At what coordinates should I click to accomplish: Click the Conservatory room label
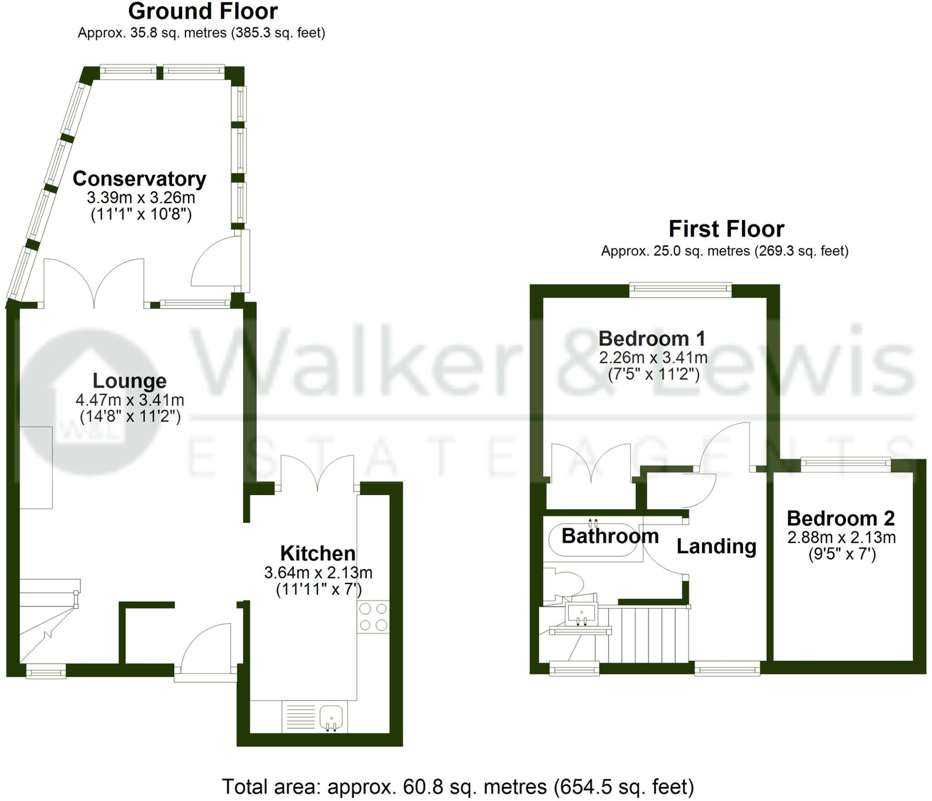click(139, 179)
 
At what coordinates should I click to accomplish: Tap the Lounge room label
click(130, 381)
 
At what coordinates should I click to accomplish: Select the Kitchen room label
click(318, 553)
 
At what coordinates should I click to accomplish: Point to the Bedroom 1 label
click(652, 339)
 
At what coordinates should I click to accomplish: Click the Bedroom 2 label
click(841, 518)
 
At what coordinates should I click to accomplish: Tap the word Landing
click(716, 546)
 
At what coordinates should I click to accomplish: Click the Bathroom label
click(610, 536)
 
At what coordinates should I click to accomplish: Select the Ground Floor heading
click(203, 11)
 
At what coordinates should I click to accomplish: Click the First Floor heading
click(726, 229)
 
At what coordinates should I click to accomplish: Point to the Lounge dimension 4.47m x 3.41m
click(130, 400)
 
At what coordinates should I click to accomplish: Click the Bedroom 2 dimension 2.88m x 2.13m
click(841, 537)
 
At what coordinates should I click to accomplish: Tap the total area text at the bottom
click(457, 786)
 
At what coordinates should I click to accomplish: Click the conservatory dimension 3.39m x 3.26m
click(141, 198)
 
